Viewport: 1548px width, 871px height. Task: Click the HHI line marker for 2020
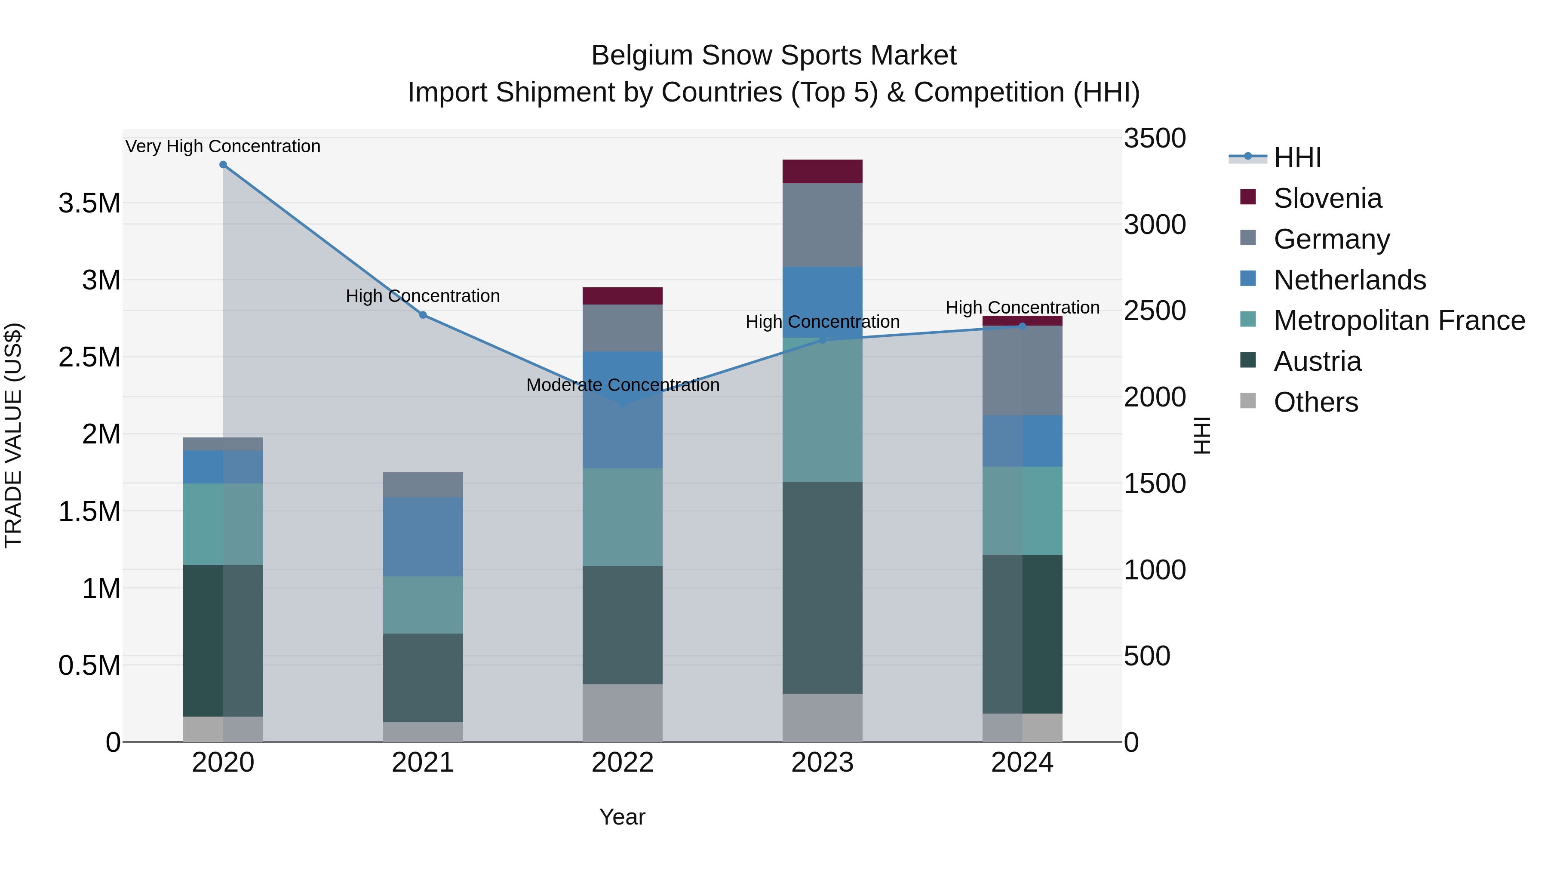tap(223, 165)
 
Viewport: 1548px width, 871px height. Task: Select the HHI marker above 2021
tap(423, 315)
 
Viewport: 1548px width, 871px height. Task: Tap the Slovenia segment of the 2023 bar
tap(822, 171)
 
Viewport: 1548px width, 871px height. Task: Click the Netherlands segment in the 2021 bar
tap(423, 536)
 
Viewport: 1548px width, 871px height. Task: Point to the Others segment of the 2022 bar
tap(623, 713)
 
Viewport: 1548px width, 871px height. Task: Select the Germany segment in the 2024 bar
tap(1022, 370)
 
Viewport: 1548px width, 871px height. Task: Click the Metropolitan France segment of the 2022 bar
tap(623, 517)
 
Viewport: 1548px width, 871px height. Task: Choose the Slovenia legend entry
tap(1327, 198)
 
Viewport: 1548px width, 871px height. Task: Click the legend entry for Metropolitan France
tap(1398, 320)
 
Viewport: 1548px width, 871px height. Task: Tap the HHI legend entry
tap(1297, 157)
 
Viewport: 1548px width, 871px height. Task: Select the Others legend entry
tap(1315, 402)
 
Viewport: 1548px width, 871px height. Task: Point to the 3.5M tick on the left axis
tap(89, 203)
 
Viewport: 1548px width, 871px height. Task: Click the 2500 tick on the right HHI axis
tap(1155, 311)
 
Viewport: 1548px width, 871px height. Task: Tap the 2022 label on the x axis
tap(623, 763)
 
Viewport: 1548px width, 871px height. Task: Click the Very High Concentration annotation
tap(223, 146)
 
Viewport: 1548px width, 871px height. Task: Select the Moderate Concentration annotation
tap(623, 385)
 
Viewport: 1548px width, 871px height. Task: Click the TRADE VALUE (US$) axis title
tap(13, 435)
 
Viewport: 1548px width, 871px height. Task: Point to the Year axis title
tap(622, 817)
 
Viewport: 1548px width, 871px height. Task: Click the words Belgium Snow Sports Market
tap(774, 55)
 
